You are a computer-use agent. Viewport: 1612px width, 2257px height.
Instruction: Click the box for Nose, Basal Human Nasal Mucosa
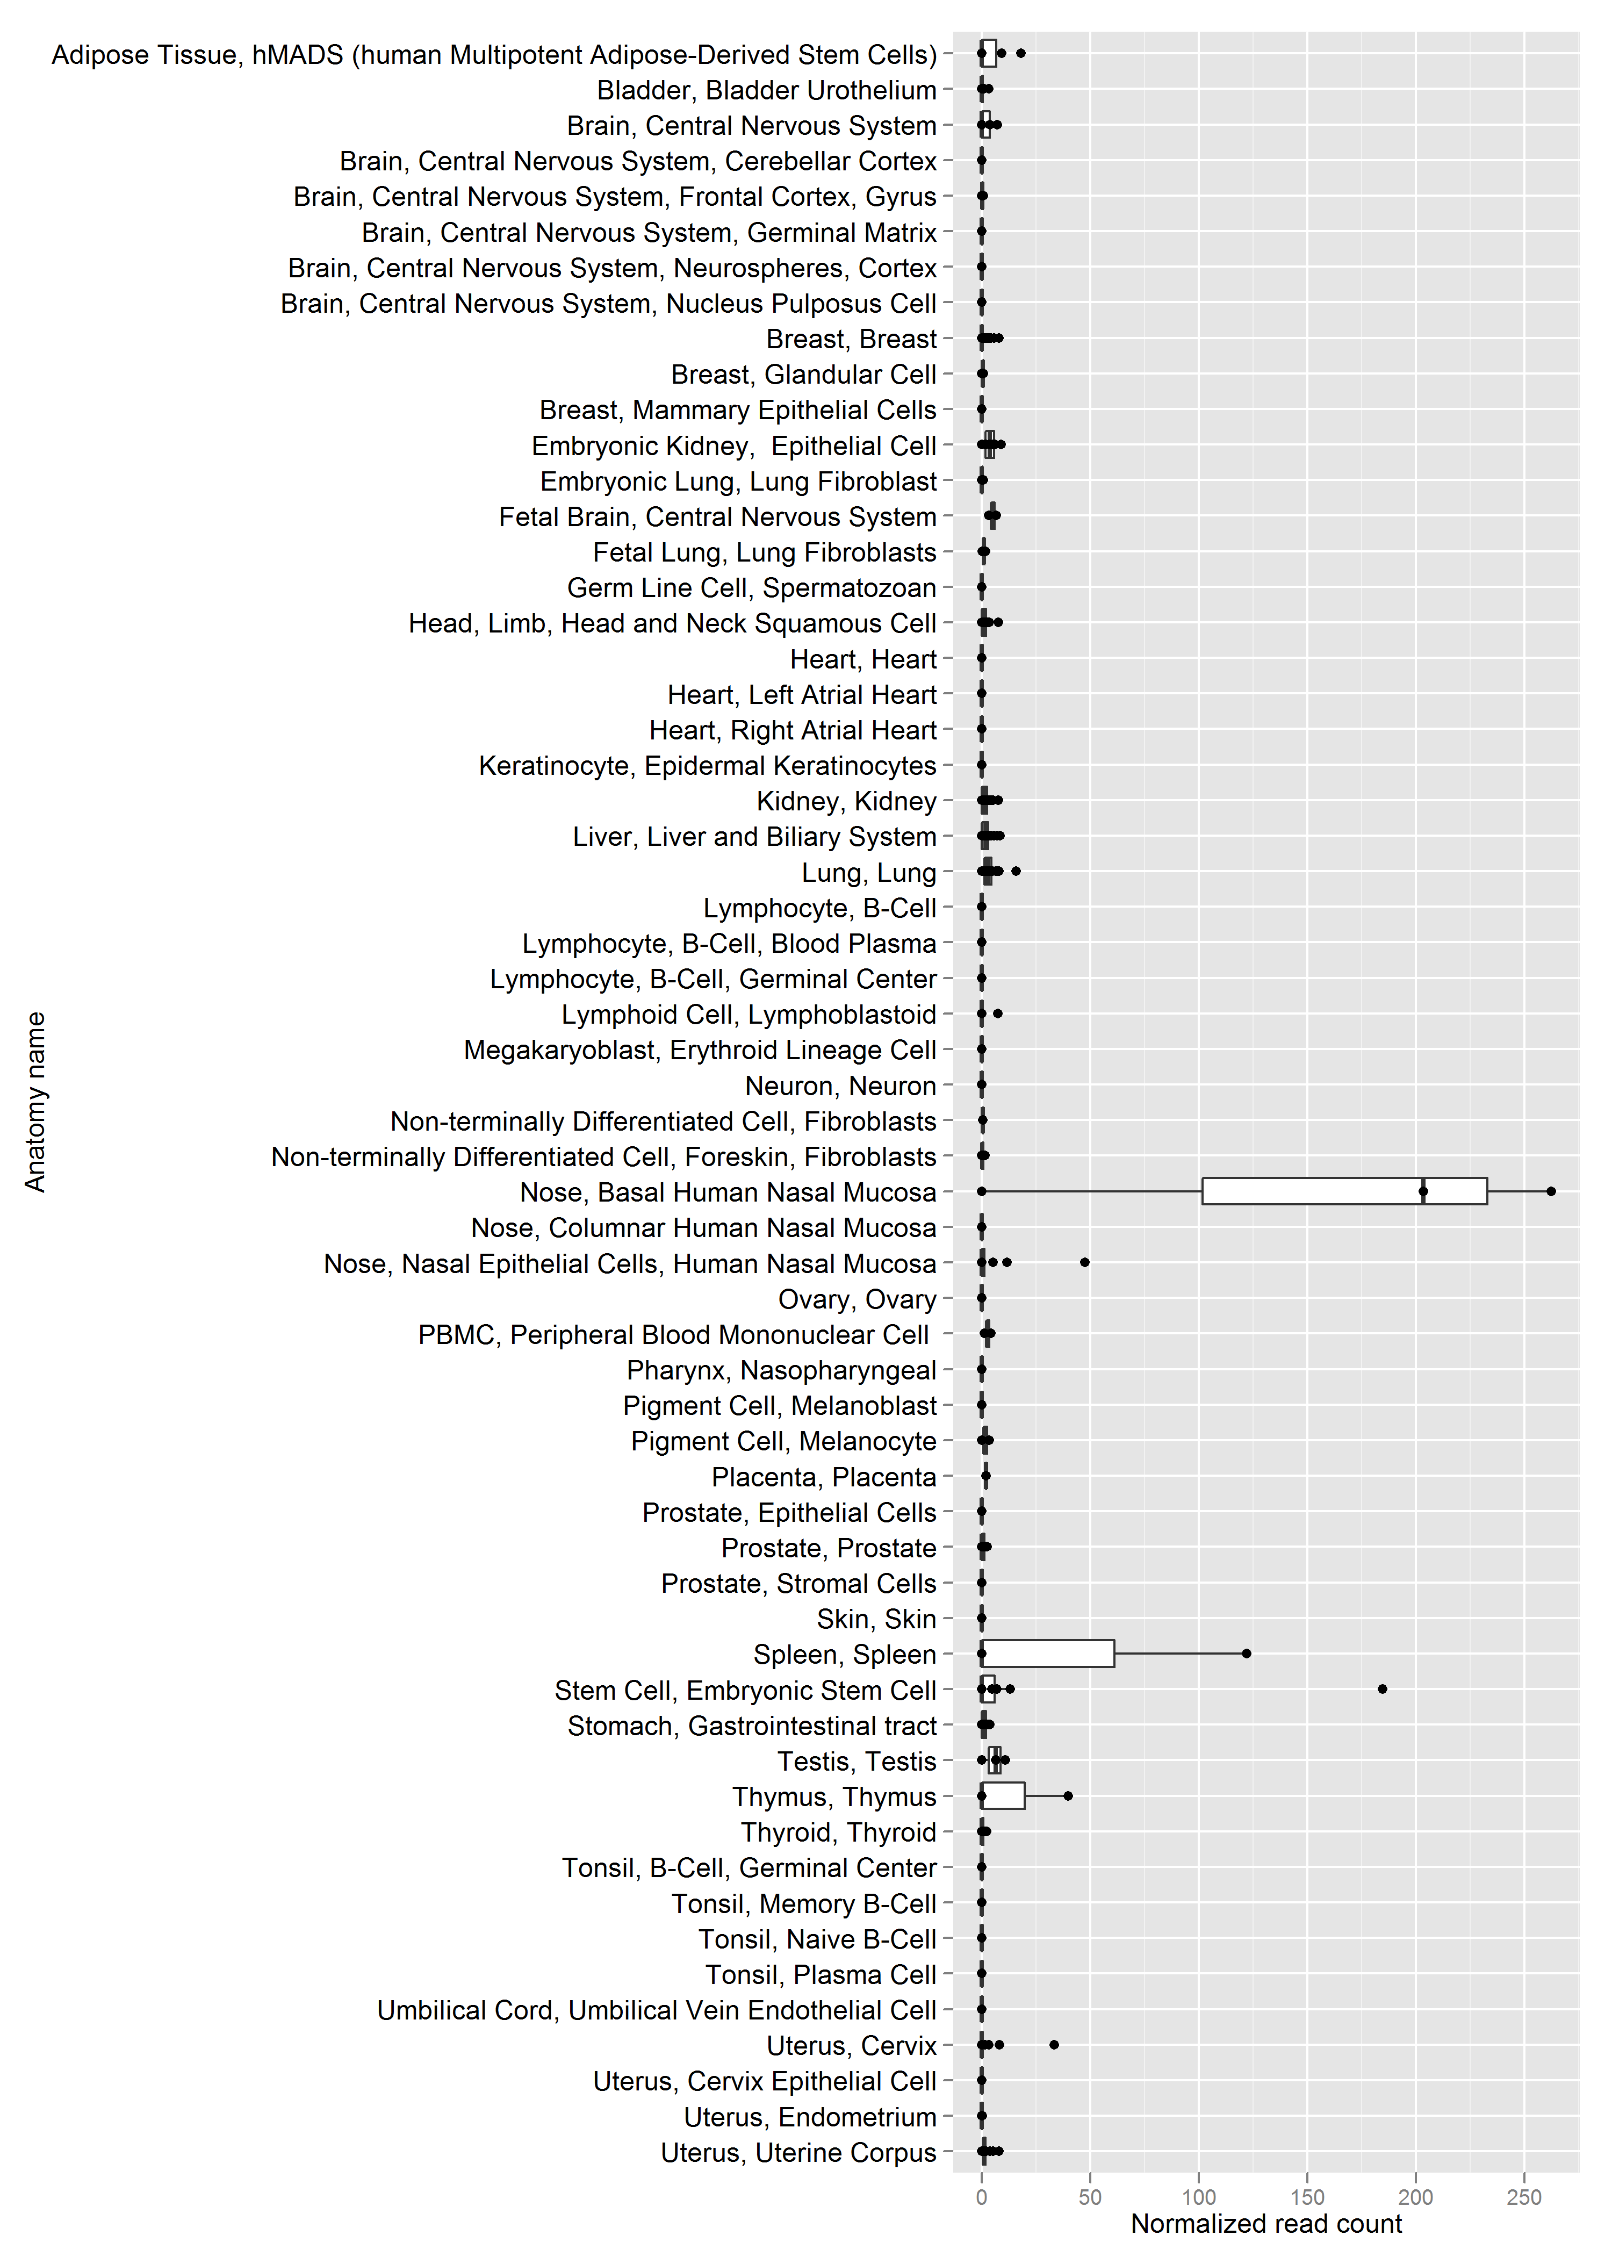pos(1344,1191)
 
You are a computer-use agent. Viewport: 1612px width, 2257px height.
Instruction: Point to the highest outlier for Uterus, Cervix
pos(1054,2045)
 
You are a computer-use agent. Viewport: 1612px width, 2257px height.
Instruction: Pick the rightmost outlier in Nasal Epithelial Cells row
pos(1085,1262)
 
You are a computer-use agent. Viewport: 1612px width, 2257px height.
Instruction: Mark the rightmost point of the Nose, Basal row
pos(1551,1191)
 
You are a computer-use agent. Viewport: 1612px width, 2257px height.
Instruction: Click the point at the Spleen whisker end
pos(1247,1654)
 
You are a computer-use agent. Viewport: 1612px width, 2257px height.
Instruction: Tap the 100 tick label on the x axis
pos(1199,2197)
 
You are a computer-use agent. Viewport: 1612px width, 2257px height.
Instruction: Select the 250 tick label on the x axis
pos(1524,2197)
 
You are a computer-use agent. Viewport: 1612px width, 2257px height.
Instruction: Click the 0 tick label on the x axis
pos(982,2197)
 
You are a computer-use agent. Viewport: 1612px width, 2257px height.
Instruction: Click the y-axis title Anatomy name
pos(36,1102)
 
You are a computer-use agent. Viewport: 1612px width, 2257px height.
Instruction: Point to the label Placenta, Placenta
pos(824,1477)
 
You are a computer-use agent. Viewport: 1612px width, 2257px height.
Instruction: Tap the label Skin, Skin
pos(876,1619)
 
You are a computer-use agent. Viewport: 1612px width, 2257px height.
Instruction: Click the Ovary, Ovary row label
pos(858,1299)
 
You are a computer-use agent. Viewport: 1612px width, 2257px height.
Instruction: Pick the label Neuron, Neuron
pos(841,1086)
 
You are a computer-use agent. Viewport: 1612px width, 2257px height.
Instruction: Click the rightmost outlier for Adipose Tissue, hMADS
pos(1020,54)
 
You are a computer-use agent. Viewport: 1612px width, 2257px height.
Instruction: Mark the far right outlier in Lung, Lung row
pos(1016,872)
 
